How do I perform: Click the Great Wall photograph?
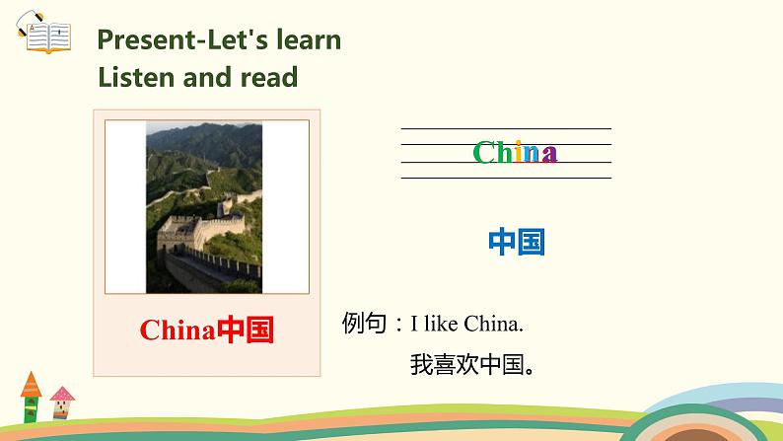pyautogui.click(x=204, y=207)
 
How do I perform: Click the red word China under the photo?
pyautogui.click(x=177, y=331)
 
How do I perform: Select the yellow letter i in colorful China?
pyautogui.click(x=521, y=153)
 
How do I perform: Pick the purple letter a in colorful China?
pyautogui.click(x=550, y=154)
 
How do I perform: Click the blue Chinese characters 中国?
pyautogui.click(x=517, y=242)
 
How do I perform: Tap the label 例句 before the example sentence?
pyautogui.click(x=364, y=323)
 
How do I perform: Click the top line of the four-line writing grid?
pyautogui.click(x=505, y=128)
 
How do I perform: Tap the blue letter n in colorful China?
pyautogui.click(x=534, y=154)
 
